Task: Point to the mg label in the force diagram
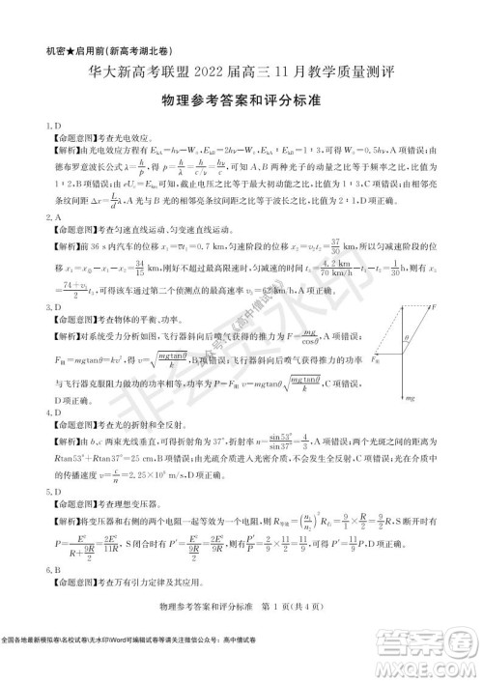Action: point(437,399)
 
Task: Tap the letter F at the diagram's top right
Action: point(462,307)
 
